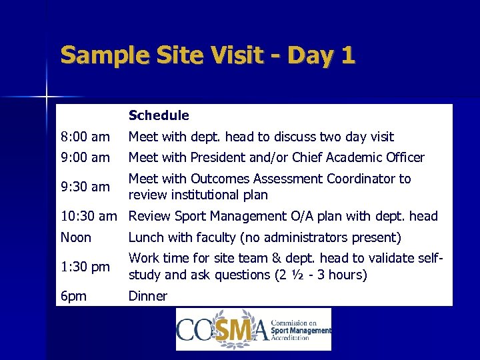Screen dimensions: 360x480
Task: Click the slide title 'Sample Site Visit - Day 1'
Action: [207, 55]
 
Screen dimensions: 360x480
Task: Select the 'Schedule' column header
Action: [159, 115]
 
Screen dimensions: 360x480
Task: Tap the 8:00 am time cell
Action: [85, 137]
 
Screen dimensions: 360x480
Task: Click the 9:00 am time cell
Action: [85, 157]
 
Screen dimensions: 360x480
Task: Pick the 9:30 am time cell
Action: [85, 187]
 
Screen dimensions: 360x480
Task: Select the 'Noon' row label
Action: [76, 237]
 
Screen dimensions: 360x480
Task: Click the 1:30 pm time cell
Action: [85, 267]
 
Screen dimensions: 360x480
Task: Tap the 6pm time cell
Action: [73, 296]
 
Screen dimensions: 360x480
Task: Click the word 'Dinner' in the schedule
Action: [147, 296]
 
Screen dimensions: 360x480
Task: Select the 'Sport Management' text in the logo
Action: [301, 331]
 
